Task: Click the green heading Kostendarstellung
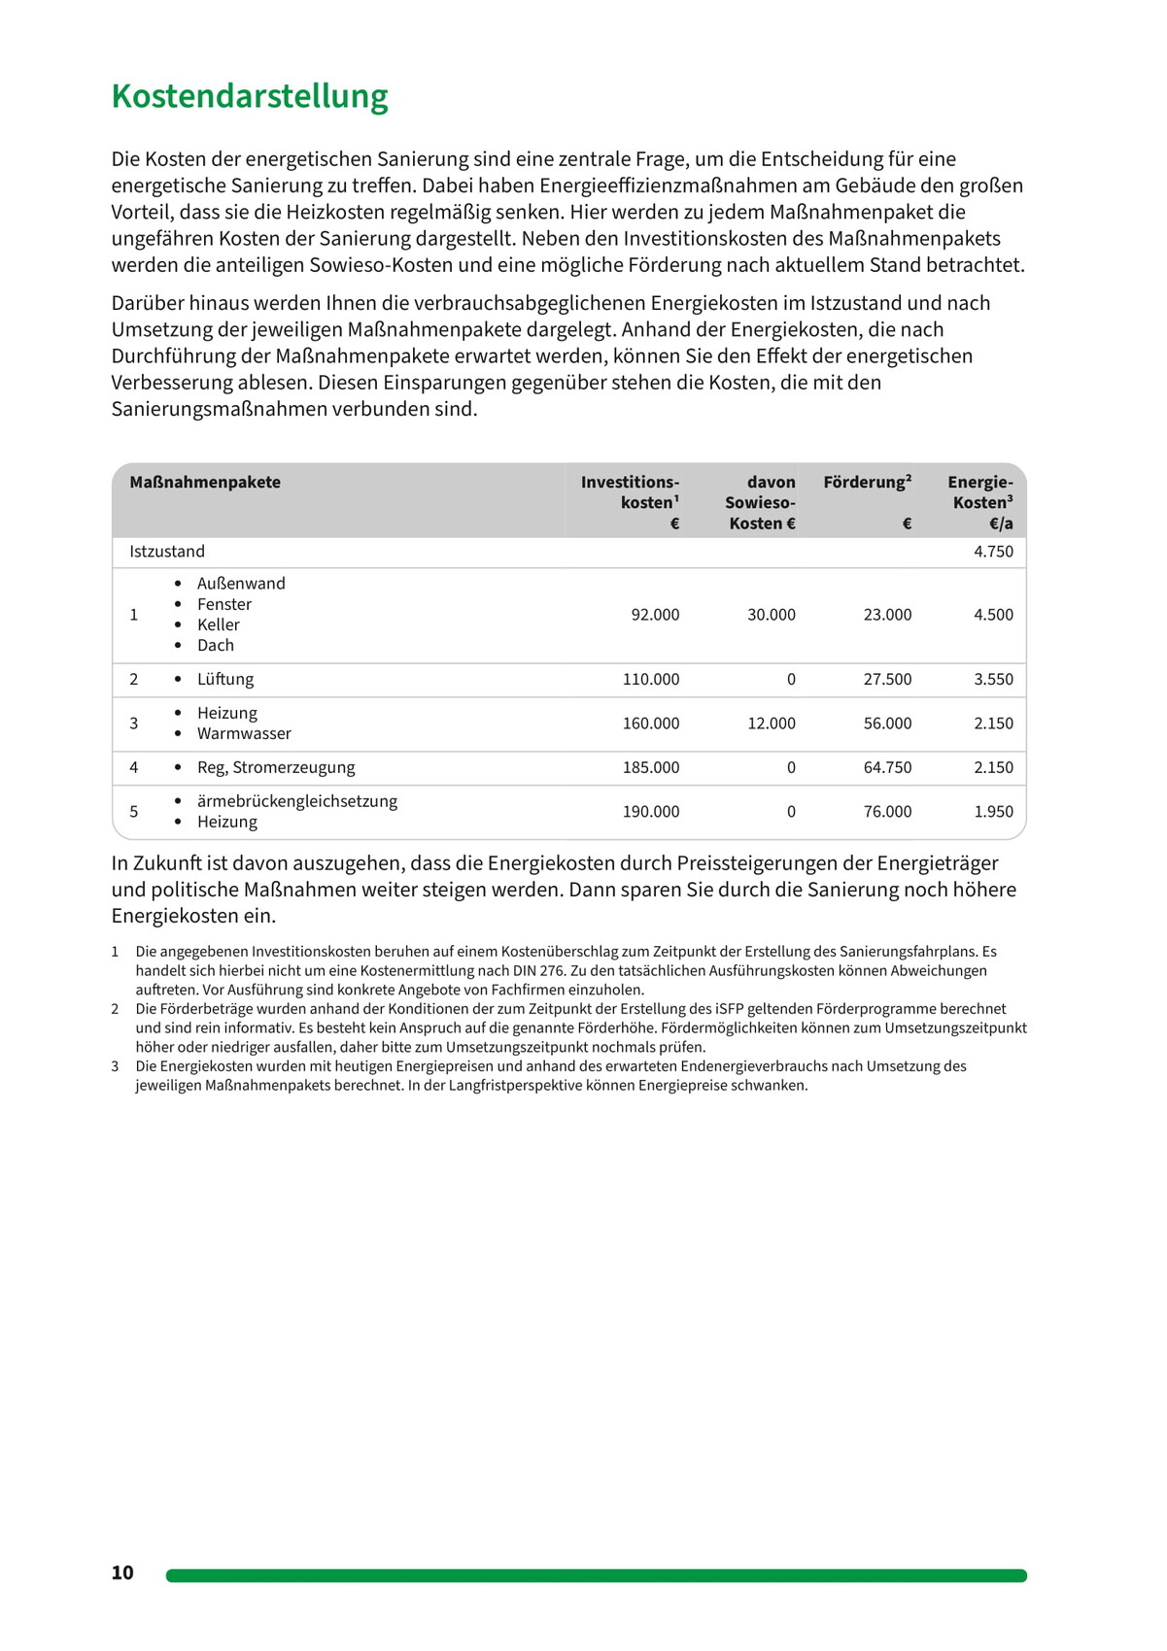click(250, 96)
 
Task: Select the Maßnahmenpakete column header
click(205, 483)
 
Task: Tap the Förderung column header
click(867, 483)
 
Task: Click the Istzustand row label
click(167, 552)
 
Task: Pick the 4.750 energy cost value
click(993, 552)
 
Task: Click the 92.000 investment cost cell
click(655, 615)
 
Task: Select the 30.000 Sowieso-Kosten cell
click(771, 615)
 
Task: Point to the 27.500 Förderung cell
click(887, 680)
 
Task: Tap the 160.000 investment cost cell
click(651, 724)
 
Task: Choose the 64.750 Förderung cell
click(887, 767)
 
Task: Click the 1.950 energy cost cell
click(993, 812)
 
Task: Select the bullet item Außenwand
click(241, 584)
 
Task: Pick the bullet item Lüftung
click(225, 680)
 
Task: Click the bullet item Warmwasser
click(244, 734)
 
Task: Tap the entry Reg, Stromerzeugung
click(276, 767)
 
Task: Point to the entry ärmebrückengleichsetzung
click(297, 801)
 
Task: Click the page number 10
click(122, 1573)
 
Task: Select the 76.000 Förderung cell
click(887, 812)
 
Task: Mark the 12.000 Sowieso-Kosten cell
click(771, 724)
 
